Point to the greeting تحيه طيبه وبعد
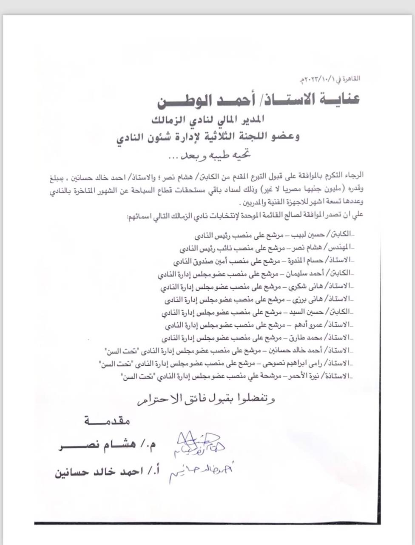(x=208, y=156)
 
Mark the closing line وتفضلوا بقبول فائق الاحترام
(x=206, y=399)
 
